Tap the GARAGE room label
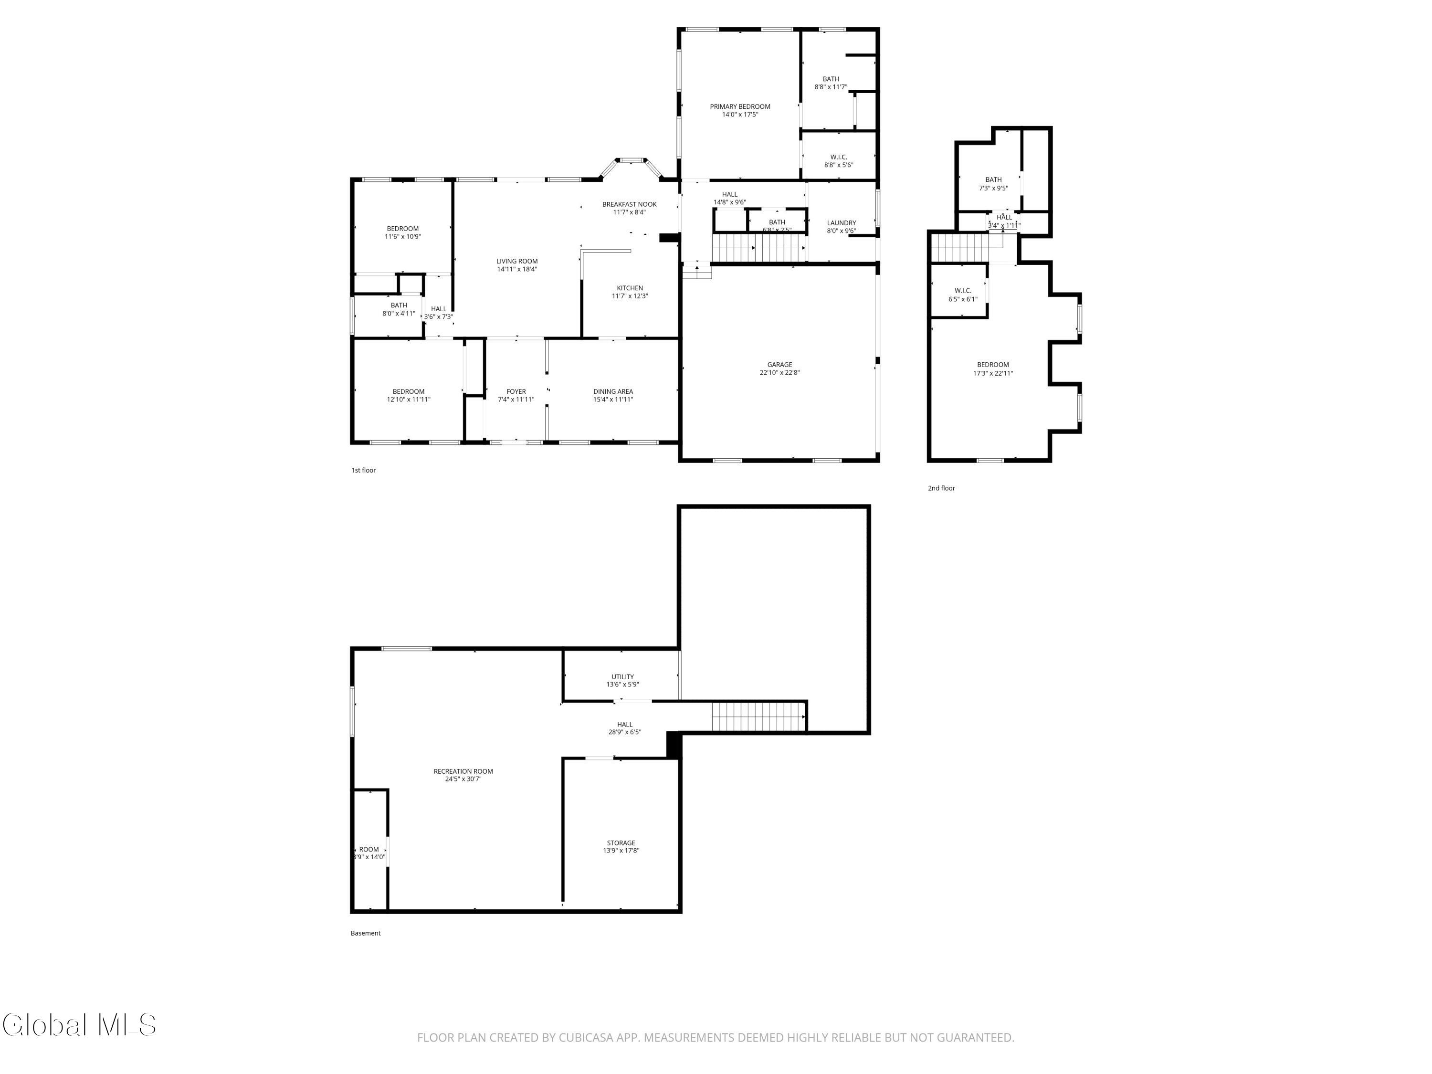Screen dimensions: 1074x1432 click(779, 365)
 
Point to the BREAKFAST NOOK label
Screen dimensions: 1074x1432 click(629, 204)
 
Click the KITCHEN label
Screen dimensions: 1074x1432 click(629, 288)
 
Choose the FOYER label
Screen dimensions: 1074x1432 click(516, 392)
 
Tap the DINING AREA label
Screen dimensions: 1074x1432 click(612, 392)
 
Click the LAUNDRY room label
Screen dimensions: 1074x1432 click(841, 223)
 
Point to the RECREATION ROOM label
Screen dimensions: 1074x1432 click(463, 771)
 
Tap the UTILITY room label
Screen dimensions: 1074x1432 click(622, 676)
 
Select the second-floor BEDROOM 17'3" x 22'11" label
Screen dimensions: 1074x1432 click(992, 365)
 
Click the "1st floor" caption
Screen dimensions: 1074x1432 click(363, 470)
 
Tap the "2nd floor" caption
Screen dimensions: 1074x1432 click(941, 488)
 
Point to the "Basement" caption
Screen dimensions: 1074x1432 click(365, 933)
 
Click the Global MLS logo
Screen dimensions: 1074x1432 click(79, 1025)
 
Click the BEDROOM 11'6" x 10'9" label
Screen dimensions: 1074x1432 click(402, 229)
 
